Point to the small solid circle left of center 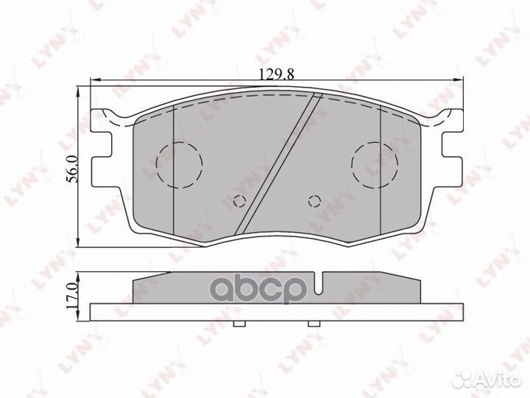[x=239, y=200]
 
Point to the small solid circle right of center [x=314, y=200]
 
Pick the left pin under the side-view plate [x=238, y=324]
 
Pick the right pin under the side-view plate [x=314, y=324]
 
